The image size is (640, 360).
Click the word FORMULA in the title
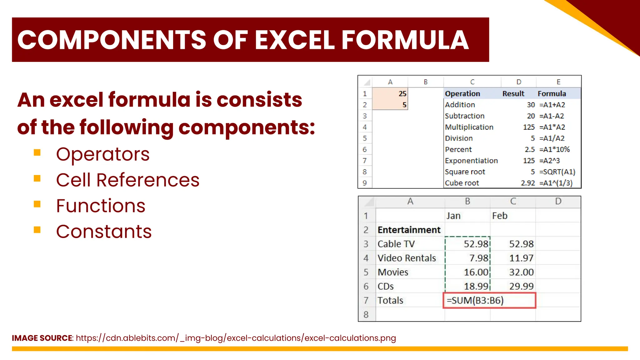(405, 40)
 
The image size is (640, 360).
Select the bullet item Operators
(103, 154)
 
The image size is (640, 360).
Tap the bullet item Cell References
(127, 180)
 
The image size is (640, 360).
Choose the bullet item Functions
(101, 206)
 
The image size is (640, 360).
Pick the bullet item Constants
(104, 232)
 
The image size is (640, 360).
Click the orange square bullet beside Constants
(37, 230)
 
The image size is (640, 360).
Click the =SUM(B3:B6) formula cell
(489, 301)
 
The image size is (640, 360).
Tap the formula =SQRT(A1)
(557, 172)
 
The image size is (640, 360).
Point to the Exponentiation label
(471, 161)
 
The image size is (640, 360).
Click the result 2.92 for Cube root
(527, 183)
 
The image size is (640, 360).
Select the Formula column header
(552, 94)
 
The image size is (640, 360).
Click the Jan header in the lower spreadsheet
(453, 216)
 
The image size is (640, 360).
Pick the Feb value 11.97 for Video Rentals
(521, 258)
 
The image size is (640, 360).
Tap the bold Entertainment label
(409, 230)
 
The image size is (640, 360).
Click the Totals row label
(390, 301)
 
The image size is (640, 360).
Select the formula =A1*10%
(554, 150)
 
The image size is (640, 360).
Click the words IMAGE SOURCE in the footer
(42, 338)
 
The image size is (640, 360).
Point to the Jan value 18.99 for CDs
(476, 286)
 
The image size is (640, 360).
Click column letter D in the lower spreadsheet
(558, 202)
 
